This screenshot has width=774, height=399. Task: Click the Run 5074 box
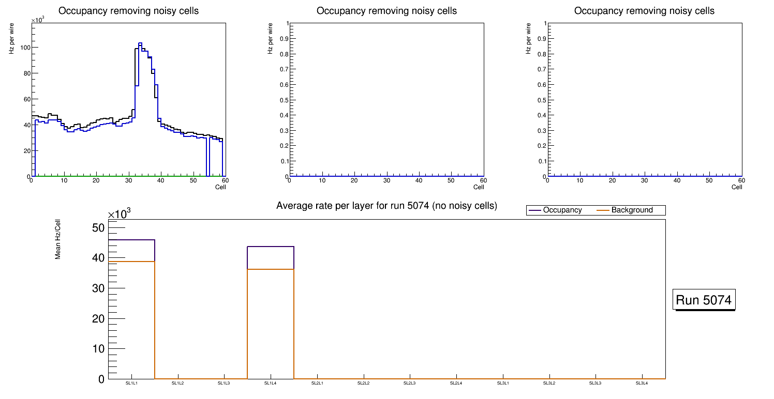point(704,300)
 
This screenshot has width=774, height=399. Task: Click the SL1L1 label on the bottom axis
point(131,383)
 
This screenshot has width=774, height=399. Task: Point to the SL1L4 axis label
point(271,383)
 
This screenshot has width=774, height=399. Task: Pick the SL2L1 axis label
point(317,383)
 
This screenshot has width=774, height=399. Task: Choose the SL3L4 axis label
point(642,383)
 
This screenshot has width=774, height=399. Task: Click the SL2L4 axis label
point(456,383)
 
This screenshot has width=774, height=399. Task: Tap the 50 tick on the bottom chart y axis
point(98,228)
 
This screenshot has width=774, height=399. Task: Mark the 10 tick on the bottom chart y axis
point(98,349)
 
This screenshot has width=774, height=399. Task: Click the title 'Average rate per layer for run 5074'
point(386,206)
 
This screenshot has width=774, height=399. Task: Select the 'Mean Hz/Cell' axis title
point(58,239)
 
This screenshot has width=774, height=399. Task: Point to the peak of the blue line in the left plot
point(140,43)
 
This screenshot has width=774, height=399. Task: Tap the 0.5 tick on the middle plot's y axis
point(284,100)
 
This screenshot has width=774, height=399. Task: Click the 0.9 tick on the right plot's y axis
point(542,39)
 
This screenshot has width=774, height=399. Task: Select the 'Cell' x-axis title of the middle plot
point(479,187)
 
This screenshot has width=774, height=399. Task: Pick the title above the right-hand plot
point(644,11)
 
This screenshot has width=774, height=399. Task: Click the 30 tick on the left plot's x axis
point(128,181)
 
